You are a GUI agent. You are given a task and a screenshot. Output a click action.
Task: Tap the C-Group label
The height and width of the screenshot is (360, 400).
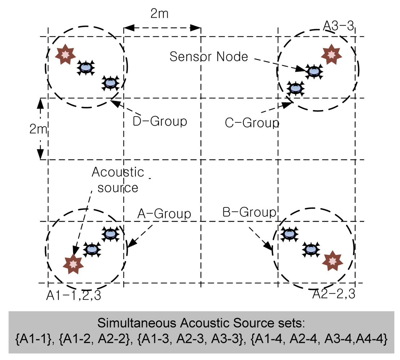[252, 123]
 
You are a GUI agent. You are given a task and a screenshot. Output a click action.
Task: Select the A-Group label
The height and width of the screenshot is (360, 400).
[164, 214]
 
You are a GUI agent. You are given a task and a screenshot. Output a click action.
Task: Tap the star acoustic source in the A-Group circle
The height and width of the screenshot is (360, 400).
[73, 264]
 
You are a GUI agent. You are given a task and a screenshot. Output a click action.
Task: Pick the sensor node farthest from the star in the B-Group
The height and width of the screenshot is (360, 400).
[288, 234]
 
